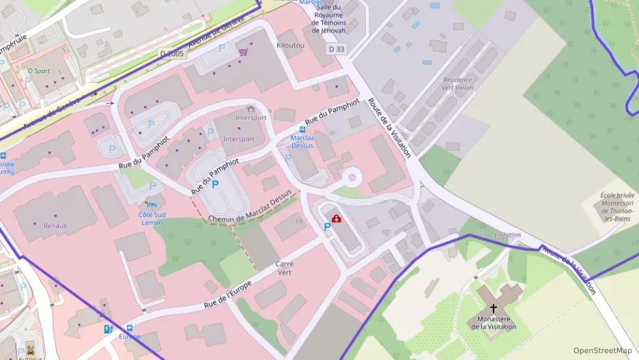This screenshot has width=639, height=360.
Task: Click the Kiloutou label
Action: [x=290, y=44]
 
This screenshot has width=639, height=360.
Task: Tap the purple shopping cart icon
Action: [x=243, y=51]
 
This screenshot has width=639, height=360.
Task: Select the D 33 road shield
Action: [x=335, y=49]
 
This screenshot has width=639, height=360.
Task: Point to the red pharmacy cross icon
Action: [x=337, y=219]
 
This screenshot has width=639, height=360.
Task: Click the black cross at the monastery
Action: [x=494, y=309]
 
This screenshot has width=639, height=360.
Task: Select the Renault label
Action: [x=55, y=225]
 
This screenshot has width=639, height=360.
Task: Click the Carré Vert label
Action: [x=284, y=267]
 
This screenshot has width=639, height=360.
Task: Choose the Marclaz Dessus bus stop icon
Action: [x=302, y=129]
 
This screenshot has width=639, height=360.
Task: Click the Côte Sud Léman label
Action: [x=152, y=219]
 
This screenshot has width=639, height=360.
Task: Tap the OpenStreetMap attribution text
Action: [x=602, y=350]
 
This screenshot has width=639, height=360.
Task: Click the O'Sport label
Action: [x=40, y=70]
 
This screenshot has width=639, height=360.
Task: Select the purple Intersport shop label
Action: [x=239, y=139]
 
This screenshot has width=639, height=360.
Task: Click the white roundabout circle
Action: [x=352, y=177]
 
